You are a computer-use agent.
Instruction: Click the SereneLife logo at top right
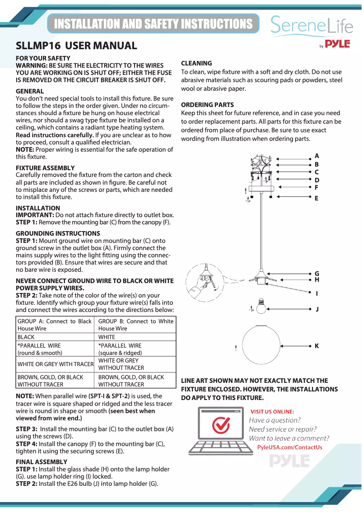pos(311,26)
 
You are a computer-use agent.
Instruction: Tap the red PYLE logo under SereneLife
pos(337,44)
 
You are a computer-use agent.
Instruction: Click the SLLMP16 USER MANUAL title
pos(76,46)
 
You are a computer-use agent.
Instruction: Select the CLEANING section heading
pos(196,63)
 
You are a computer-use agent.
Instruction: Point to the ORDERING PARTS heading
pos(207,105)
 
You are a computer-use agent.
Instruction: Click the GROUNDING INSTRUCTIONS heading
pos(58,233)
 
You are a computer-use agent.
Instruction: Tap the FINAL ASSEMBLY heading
pos(42,462)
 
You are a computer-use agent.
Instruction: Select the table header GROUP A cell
pos(54,325)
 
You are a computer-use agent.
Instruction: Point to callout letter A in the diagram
pos(316,156)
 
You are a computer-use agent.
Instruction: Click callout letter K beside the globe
pos(316,346)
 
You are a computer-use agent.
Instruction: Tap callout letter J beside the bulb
pos(317,309)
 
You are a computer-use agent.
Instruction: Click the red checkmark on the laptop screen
pos(221,425)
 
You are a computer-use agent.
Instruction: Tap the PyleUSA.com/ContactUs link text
pos(289,447)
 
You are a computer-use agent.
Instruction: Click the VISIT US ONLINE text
pos(272,411)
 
